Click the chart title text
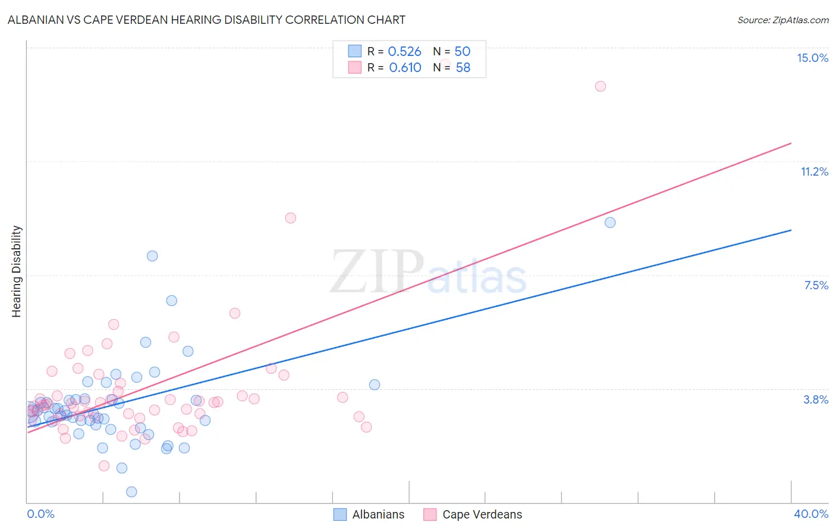point(206,20)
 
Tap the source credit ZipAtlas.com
point(782,20)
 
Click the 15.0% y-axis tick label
point(812,58)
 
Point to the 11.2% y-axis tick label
point(814,171)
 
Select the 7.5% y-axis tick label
point(816,285)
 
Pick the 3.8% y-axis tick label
point(816,399)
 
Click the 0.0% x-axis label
point(40,514)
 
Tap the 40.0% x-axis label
point(810,514)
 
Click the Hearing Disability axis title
point(17,271)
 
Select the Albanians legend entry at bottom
point(369,514)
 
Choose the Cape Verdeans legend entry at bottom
point(473,514)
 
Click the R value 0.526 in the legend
point(404,52)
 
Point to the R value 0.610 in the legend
point(405,68)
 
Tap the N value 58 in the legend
point(463,68)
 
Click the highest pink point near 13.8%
point(601,86)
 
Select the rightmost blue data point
point(610,223)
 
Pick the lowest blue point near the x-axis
point(131,492)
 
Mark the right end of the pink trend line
point(791,143)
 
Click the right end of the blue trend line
point(791,230)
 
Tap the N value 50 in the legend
point(462,52)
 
